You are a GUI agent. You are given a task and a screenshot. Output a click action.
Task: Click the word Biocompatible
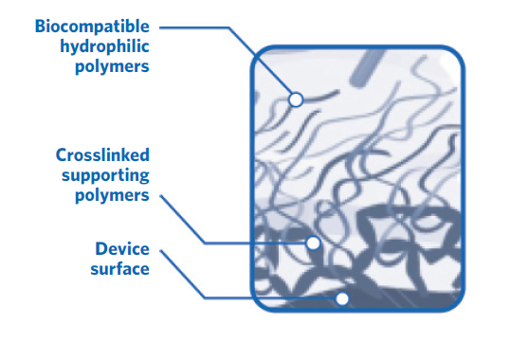pyautogui.click(x=93, y=25)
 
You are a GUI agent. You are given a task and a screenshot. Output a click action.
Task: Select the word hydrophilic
pyautogui.click(x=102, y=45)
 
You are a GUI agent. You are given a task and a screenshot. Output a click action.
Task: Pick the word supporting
pyautogui.click(x=105, y=175)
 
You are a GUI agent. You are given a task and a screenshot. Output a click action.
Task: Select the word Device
pyautogui.click(x=122, y=249)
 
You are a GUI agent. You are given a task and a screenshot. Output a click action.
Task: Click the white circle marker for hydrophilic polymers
pyautogui.click(x=296, y=99)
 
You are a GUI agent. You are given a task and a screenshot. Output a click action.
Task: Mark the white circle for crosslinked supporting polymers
pyautogui.click(x=314, y=243)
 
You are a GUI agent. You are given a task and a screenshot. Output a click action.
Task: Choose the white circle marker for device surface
pyautogui.click(x=342, y=298)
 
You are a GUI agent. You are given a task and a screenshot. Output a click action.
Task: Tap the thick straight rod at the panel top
pyautogui.click(x=366, y=67)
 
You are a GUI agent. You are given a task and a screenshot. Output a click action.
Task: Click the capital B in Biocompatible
pyautogui.click(x=41, y=25)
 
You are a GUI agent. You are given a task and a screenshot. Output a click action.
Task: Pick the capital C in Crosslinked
pyautogui.click(x=61, y=154)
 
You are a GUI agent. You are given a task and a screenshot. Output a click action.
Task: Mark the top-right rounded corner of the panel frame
pyautogui.click(x=453, y=57)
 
